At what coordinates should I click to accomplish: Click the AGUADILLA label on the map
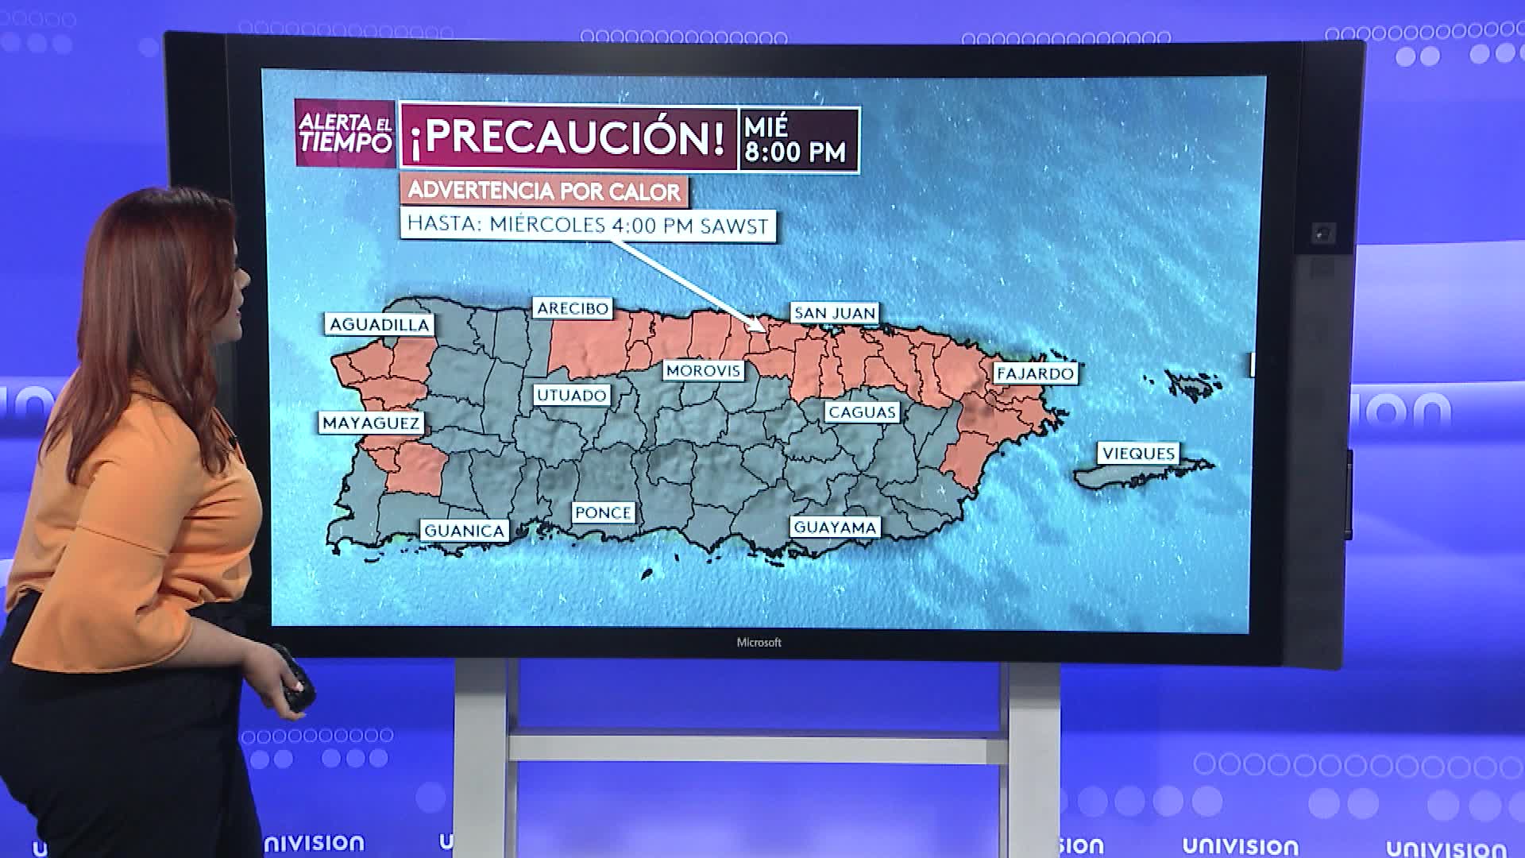(379, 324)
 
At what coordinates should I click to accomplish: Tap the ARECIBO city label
(573, 308)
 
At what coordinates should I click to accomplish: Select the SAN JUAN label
(835, 313)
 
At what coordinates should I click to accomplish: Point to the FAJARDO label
(1035, 373)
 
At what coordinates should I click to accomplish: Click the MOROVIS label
(703, 370)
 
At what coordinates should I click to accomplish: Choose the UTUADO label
(572, 395)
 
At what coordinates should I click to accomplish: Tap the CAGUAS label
(862, 412)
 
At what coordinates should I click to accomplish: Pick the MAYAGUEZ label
(371, 423)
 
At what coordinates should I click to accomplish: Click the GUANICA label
(464, 531)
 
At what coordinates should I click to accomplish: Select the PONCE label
(603, 512)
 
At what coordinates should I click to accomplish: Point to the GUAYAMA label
(835, 527)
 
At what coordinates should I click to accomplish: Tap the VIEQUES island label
(1138, 453)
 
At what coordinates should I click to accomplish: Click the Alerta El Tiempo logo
(345, 133)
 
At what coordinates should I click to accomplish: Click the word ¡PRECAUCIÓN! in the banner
(568, 137)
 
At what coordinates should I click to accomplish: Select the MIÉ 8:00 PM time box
(797, 140)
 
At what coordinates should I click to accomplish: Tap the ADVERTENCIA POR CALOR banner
(544, 191)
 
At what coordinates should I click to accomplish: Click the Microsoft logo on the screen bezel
(759, 643)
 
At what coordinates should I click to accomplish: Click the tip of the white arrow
(764, 329)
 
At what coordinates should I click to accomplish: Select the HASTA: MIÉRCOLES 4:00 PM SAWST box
(588, 225)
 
